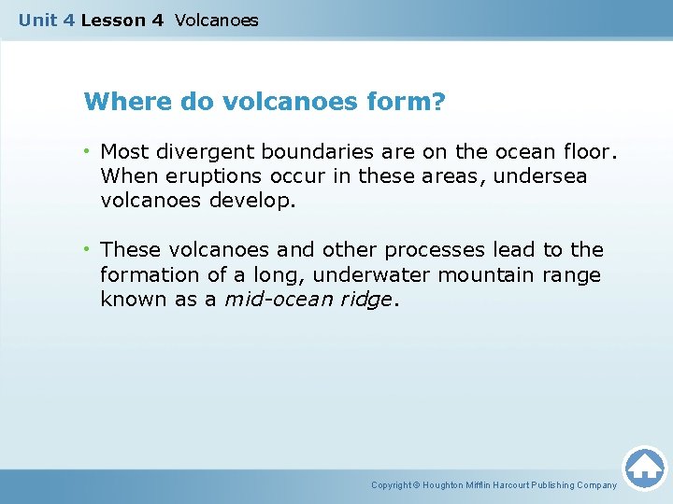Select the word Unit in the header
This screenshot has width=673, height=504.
pos(37,20)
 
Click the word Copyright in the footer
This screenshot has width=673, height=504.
pos(392,485)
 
